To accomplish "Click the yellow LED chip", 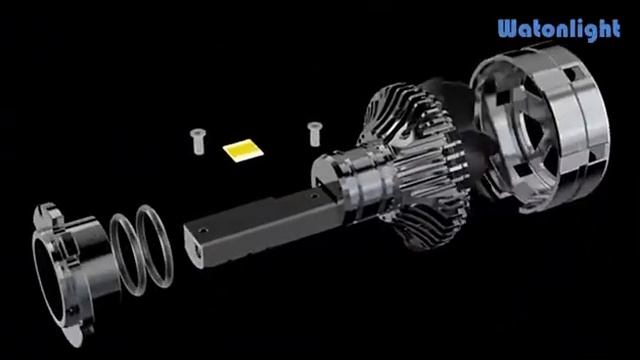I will (241, 150).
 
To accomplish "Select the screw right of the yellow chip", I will (315, 130).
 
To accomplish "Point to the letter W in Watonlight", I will (509, 29).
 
